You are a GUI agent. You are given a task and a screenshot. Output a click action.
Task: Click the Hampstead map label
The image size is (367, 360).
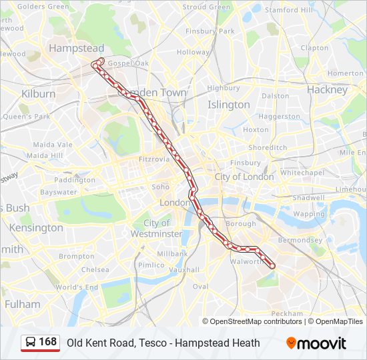(x=77, y=49)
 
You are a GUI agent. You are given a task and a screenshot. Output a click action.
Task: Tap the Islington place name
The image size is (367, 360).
(x=229, y=105)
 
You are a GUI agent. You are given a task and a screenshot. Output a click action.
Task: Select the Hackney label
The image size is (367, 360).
(x=327, y=89)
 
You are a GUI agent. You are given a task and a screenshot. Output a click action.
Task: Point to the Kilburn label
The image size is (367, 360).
(x=38, y=94)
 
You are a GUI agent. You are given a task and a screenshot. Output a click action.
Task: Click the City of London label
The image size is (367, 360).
(x=244, y=177)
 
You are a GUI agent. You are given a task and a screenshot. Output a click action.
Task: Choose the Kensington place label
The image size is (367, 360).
(x=36, y=227)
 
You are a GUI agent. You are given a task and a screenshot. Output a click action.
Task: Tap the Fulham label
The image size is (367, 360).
(x=22, y=304)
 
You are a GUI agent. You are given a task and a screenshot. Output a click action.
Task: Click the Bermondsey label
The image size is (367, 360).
(x=300, y=240)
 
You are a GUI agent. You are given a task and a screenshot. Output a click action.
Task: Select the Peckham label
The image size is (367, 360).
(x=287, y=313)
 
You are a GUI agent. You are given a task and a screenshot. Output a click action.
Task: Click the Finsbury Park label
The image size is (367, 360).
(x=210, y=31)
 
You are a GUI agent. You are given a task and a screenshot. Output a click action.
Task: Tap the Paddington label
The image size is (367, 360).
(x=75, y=180)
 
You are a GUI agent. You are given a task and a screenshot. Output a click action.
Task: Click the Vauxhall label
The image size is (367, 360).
(x=183, y=270)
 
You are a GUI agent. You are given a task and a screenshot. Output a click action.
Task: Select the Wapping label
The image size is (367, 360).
(x=309, y=214)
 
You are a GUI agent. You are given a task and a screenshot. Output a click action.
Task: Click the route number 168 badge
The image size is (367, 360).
(x=40, y=343)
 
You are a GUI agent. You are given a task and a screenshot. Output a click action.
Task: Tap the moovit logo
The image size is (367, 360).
(x=316, y=343)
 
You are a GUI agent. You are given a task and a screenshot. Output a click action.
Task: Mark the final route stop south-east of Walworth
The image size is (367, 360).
(x=272, y=266)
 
